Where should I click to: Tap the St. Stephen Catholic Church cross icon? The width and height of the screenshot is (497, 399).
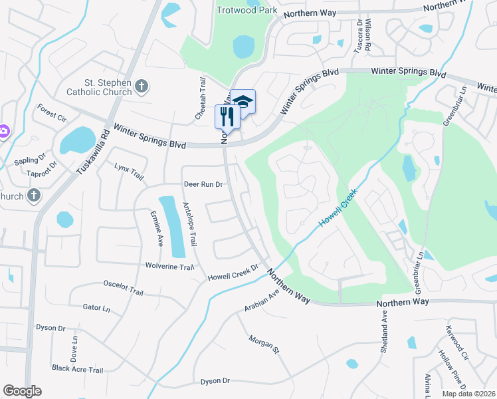(141, 86)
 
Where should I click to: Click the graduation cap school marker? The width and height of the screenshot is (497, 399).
(243, 102)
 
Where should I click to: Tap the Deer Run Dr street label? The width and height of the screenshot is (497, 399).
(203, 184)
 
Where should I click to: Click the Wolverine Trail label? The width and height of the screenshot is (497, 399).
(169, 267)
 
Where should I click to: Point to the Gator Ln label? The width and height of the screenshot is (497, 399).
(96, 308)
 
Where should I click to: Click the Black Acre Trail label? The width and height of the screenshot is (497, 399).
(77, 370)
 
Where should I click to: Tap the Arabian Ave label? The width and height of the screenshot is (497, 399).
(262, 299)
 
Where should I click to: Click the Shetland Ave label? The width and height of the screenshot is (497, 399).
(384, 329)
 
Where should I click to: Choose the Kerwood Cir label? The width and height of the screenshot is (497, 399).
(457, 339)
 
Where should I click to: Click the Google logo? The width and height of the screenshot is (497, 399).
(22, 391)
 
